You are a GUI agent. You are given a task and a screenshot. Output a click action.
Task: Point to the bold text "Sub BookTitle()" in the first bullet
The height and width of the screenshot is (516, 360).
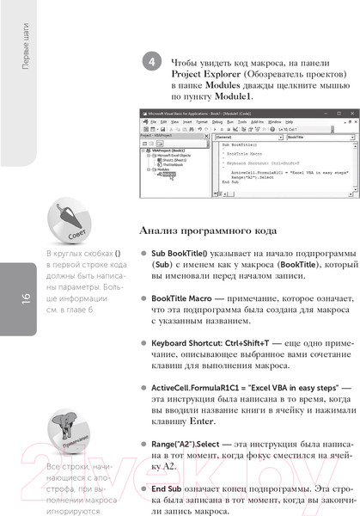(182, 255)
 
